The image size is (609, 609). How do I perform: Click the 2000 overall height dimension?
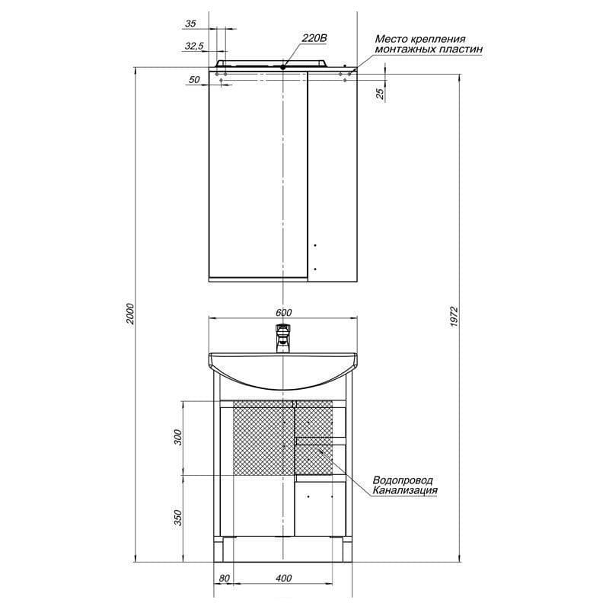[131, 314]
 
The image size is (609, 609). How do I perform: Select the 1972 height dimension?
[454, 317]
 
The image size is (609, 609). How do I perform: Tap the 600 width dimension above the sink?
[283, 313]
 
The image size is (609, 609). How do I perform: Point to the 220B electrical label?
[314, 38]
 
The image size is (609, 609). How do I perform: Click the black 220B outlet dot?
[283, 67]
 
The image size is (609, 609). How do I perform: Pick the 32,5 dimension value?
[194, 46]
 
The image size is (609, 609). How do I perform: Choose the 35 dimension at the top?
[190, 24]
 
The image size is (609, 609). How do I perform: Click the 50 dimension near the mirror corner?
[194, 80]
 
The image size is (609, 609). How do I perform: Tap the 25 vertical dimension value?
[380, 93]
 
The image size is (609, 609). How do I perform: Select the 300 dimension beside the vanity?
[177, 437]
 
